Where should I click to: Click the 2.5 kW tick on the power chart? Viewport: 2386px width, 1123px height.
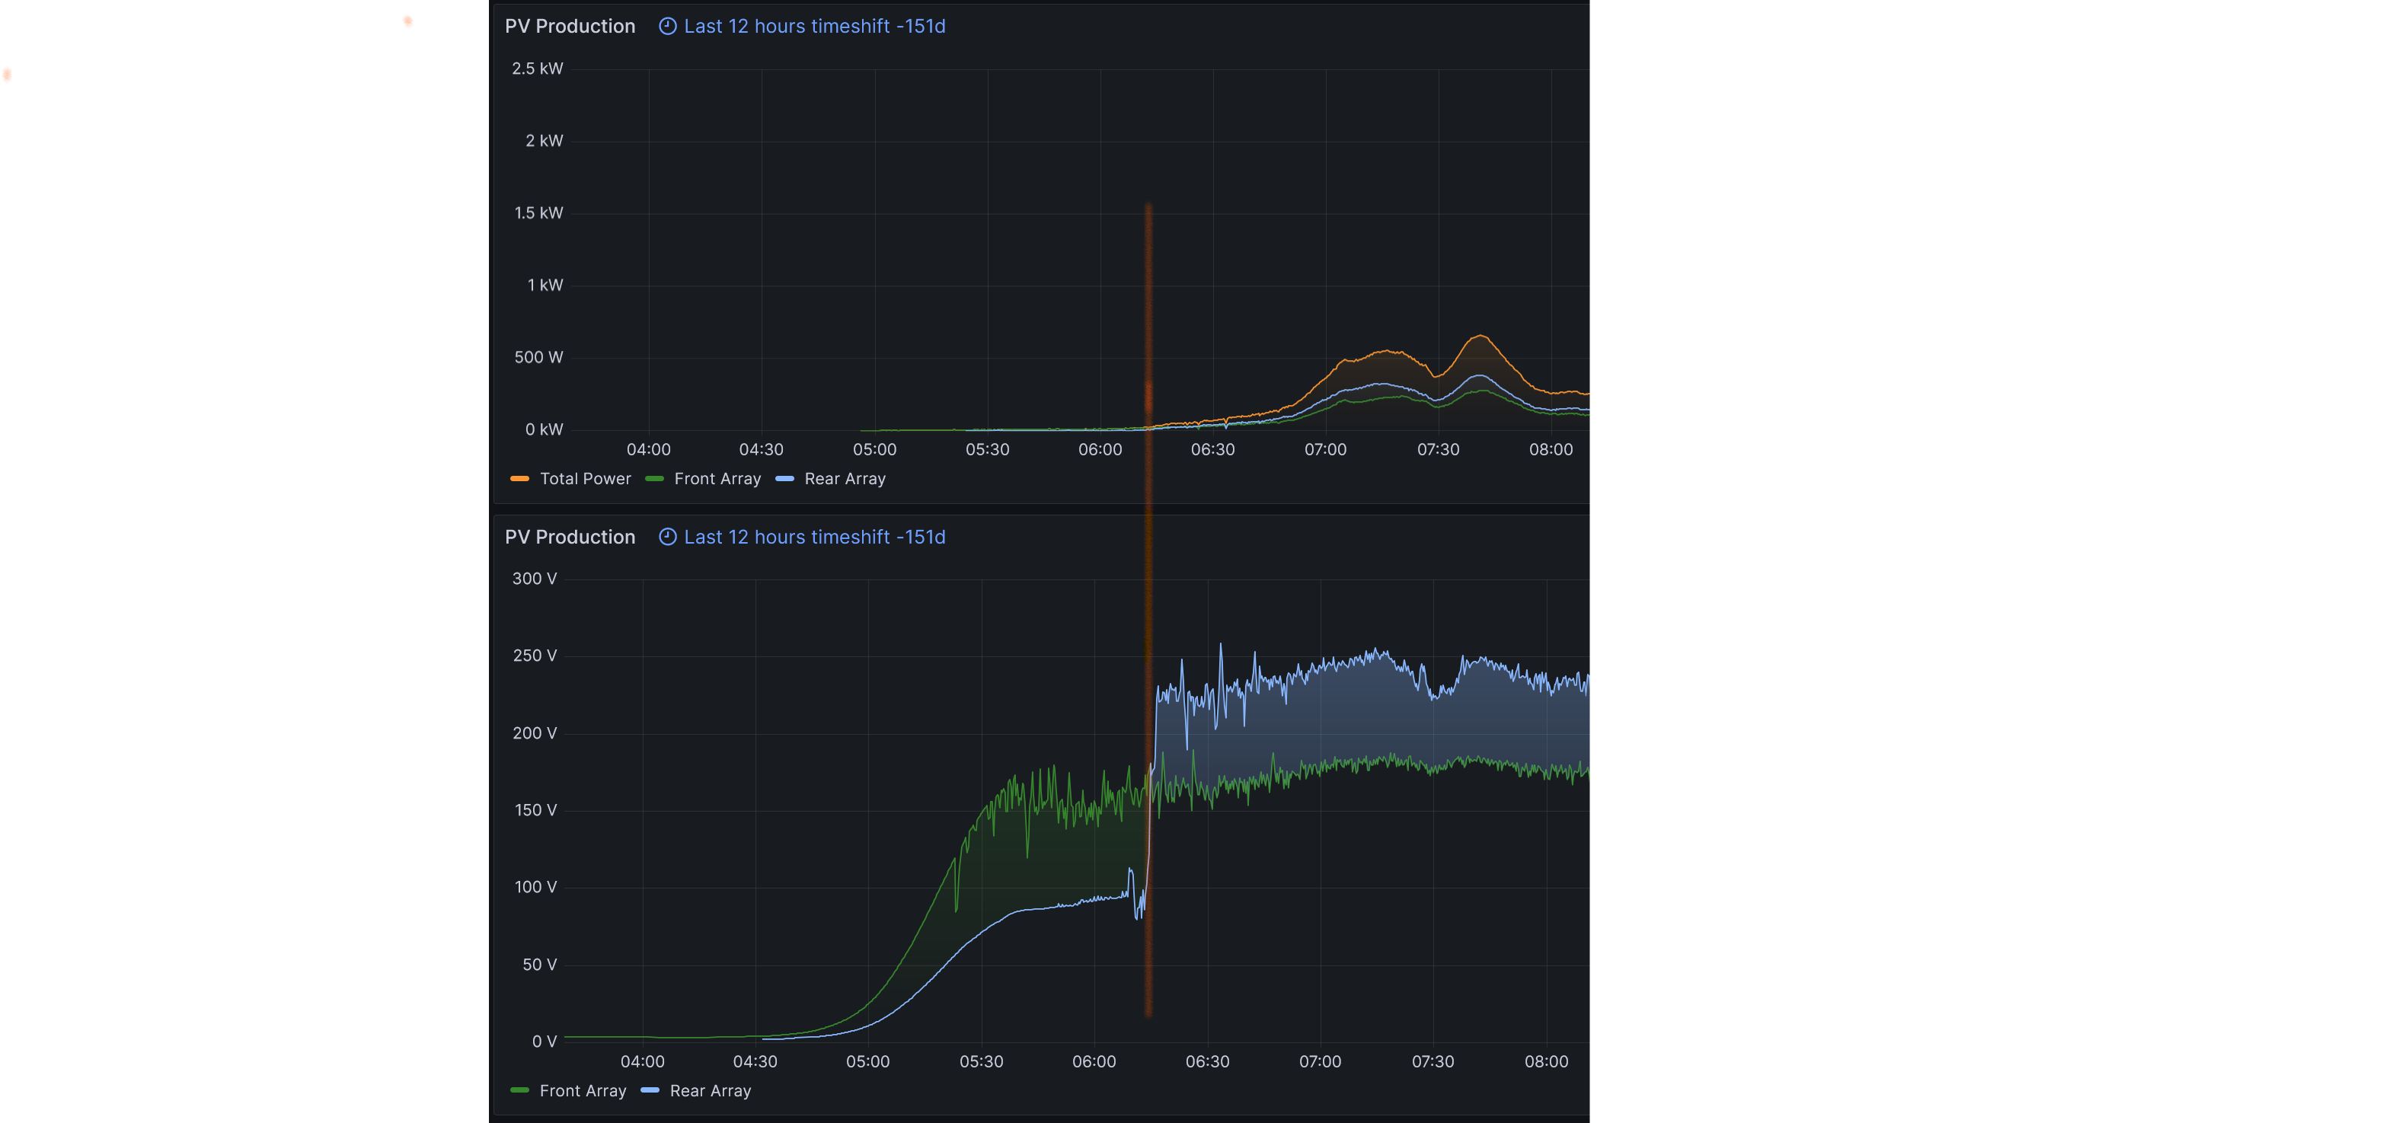click(x=537, y=69)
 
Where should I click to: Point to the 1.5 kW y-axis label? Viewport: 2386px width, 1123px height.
click(x=538, y=213)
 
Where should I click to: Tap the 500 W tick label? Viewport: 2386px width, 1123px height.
click(x=538, y=357)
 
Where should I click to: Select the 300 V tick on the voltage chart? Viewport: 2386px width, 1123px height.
click(x=535, y=579)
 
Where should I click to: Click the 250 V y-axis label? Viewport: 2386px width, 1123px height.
click(x=535, y=656)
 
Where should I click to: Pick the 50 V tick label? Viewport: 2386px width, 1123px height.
click(x=539, y=965)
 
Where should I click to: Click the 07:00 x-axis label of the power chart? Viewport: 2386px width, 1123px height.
click(x=1324, y=449)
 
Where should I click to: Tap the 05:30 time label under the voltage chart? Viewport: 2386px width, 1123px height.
click(x=981, y=1061)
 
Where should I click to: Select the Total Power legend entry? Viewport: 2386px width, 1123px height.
click(x=584, y=479)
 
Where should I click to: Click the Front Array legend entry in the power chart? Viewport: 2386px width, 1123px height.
click(x=717, y=479)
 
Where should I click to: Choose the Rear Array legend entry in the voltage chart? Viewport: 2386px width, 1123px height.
click(x=710, y=1090)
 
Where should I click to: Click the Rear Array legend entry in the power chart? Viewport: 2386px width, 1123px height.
click(x=844, y=479)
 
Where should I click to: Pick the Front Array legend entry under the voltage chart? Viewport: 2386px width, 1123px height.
click(x=582, y=1090)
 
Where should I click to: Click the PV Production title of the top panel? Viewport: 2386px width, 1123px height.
click(x=570, y=26)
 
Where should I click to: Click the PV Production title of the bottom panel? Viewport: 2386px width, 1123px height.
click(x=570, y=537)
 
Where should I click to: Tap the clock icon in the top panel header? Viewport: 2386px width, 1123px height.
click(x=667, y=26)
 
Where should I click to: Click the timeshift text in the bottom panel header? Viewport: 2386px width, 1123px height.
click(x=814, y=537)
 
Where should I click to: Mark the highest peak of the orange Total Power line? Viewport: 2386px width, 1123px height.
click(x=1480, y=335)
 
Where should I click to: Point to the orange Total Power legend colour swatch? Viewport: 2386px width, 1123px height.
click(x=519, y=479)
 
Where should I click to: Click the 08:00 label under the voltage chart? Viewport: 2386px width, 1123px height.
click(x=1546, y=1061)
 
